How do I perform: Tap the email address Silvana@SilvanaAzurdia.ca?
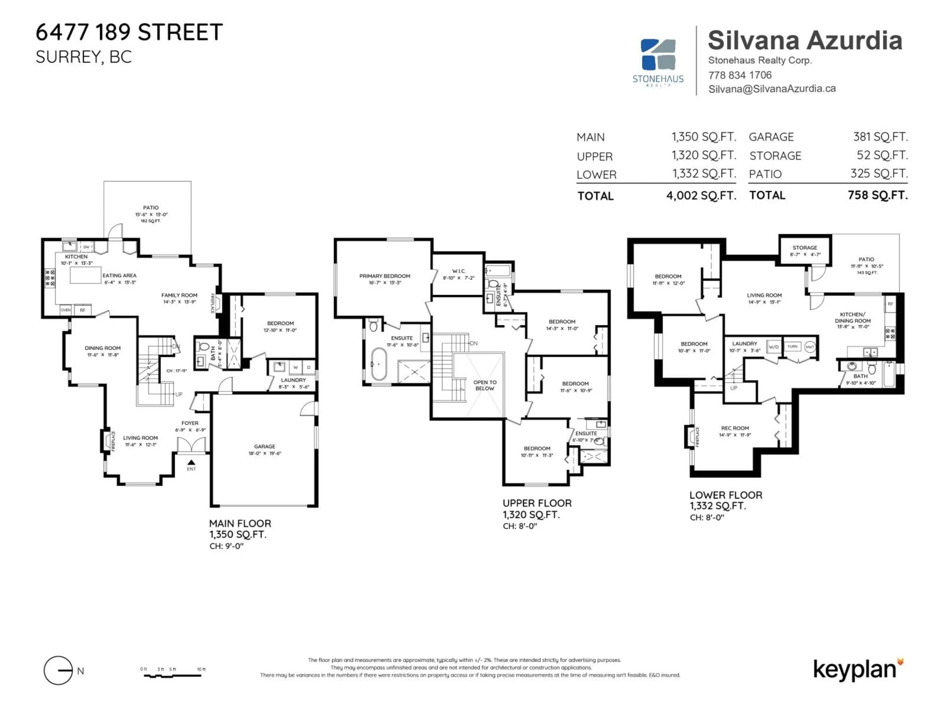coord(772,88)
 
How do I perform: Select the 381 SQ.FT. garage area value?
coord(880,137)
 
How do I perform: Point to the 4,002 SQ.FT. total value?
coord(701,196)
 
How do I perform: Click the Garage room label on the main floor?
coord(265,446)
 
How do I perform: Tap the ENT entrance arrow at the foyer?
coord(191,462)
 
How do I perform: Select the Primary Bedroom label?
coord(384,276)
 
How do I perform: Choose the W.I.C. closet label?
coord(459,271)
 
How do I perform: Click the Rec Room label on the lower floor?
coord(735,428)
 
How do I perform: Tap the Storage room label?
coord(805,247)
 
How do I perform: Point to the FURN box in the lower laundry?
coord(792,347)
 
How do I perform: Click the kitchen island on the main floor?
coord(85,276)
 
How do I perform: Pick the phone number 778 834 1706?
coord(740,75)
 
